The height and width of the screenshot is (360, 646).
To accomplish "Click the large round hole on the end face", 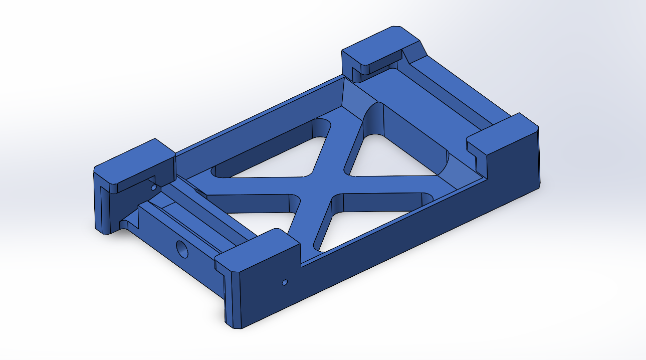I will (182, 249).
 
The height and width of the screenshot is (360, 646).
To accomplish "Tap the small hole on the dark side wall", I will (285, 282).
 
